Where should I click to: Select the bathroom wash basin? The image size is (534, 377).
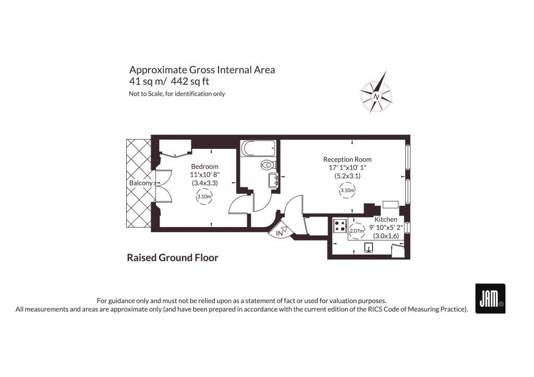pyautogui.click(x=273, y=180)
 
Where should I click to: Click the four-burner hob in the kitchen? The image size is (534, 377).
pyautogui.click(x=339, y=226)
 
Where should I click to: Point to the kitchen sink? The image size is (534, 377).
pyautogui.click(x=369, y=247)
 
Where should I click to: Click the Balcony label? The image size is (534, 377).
pyautogui.click(x=141, y=183)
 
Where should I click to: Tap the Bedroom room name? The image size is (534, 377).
pyautogui.click(x=204, y=167)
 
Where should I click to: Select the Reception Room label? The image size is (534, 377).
pyautogui.click(x=347, y=159)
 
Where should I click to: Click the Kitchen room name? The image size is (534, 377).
pyautogui.click(x=386, y=220)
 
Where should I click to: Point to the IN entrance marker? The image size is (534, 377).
pyautogui.click(x=280, y=234)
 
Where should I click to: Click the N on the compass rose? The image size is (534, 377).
pyautogui.click(x=377, y=96)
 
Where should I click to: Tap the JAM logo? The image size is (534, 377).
pyautogui.click(x=490, y=298)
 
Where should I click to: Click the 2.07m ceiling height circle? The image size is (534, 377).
pyautogui.click(x=357, y=231)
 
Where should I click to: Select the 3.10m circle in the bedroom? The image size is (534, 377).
pyautogui.click(x=204, y=196)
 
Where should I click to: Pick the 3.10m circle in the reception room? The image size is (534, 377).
pyautogui.click(x=347, y=191)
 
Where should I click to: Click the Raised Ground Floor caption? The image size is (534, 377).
pyautogui.click(x=172, y=258)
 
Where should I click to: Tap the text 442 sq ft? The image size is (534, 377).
pyautogui.click(x=190, y=82)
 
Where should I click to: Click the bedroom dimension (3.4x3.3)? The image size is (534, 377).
pyautogui.click(x=204, y=183)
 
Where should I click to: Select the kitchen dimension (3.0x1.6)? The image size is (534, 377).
pyautogui.click(x=386, y=236)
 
